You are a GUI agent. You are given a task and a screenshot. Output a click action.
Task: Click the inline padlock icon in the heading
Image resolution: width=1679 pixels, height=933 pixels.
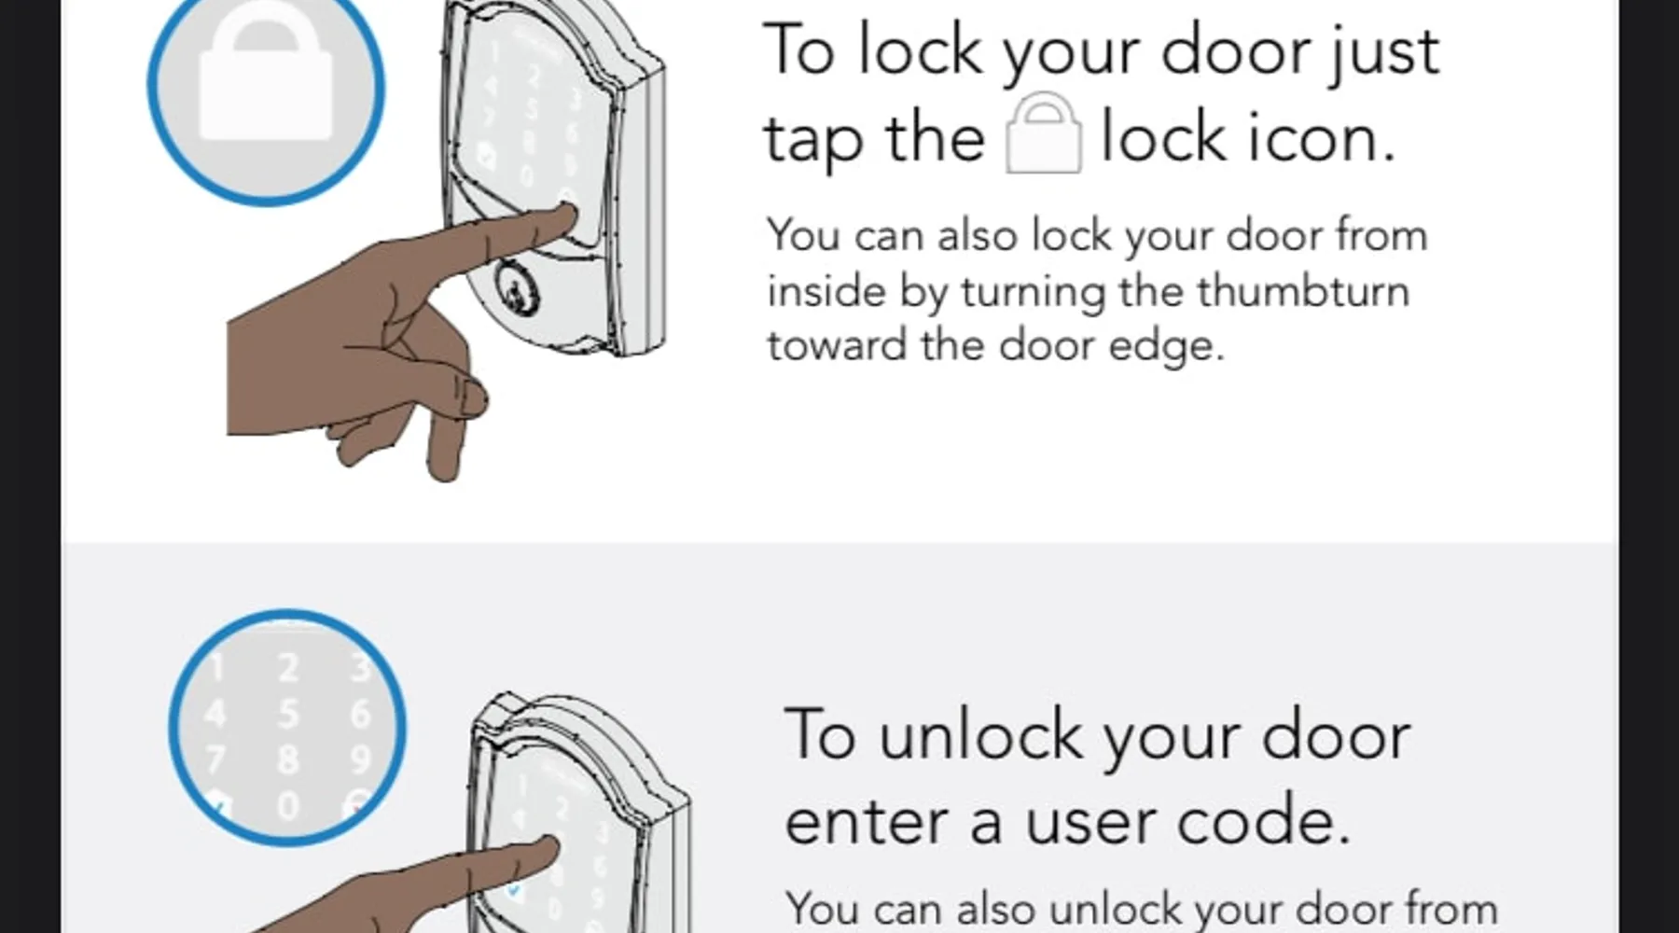1044,132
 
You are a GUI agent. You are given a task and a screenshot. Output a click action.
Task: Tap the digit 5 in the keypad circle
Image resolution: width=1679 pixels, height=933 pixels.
288,715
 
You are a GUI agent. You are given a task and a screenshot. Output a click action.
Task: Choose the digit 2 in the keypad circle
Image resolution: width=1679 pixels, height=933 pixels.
288,668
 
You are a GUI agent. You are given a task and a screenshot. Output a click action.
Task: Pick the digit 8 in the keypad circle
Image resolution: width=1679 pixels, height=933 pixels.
288,759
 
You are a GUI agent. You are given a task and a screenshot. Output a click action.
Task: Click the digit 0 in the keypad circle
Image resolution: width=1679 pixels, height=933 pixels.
288,805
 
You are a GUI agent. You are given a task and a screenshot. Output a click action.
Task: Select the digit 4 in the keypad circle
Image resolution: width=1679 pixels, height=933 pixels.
215,715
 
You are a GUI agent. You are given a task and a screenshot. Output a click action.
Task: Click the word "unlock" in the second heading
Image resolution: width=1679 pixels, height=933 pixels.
980,735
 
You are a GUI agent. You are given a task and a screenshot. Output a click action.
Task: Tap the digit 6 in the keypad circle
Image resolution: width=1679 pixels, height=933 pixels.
360,715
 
